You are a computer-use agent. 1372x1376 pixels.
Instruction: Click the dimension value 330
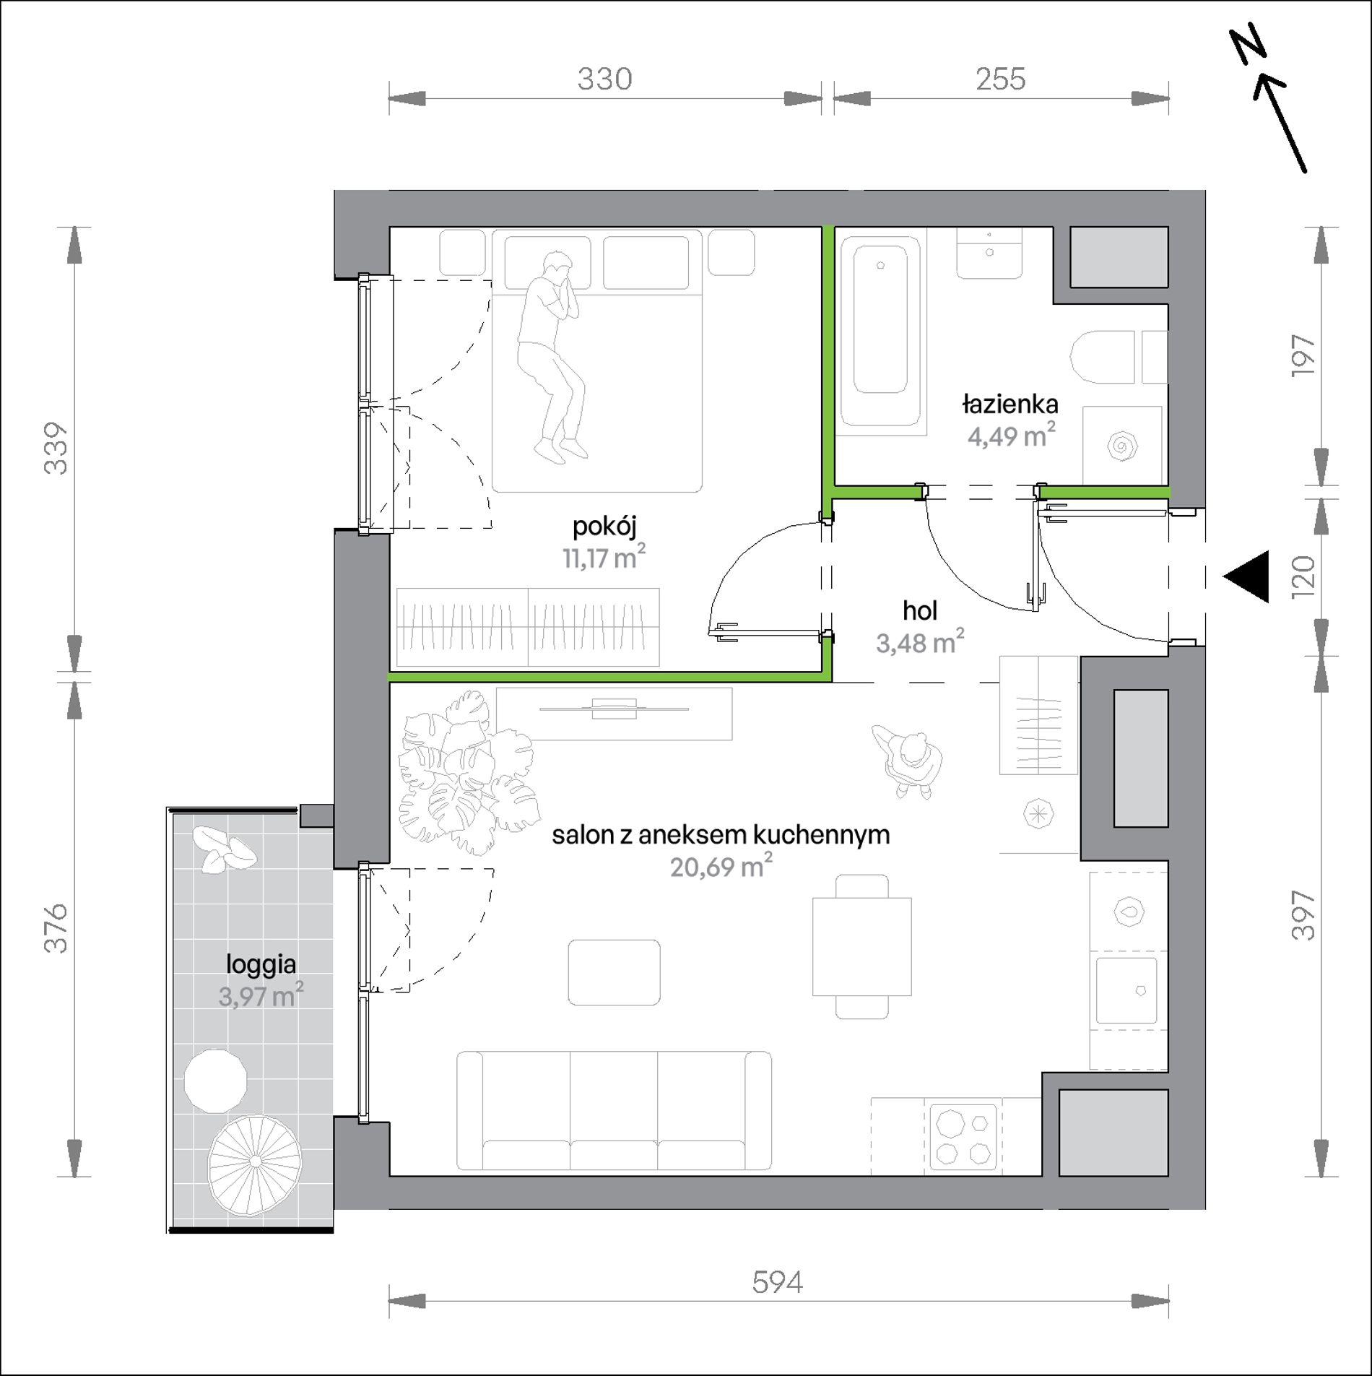pos(604,79)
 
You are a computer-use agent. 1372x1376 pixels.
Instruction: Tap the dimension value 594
pos(778,1282)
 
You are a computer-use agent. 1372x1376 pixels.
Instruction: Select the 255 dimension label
pos(1000,79)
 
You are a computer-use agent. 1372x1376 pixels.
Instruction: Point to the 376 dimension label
pos(56,928)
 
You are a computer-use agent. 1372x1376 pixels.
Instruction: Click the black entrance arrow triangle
pos(1246,576)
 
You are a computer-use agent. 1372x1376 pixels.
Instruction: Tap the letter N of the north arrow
pos(1249,47)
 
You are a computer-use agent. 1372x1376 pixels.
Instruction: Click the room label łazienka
pos(1010,404)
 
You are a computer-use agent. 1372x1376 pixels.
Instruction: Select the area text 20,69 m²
pos(721,865)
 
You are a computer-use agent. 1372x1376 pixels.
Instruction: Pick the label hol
pos(919,611)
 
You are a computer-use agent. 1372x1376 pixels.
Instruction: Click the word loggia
pos(261,965)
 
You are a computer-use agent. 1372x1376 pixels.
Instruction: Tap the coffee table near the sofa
pos(614,972)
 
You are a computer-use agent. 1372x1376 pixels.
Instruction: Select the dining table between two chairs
pos(861,946)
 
